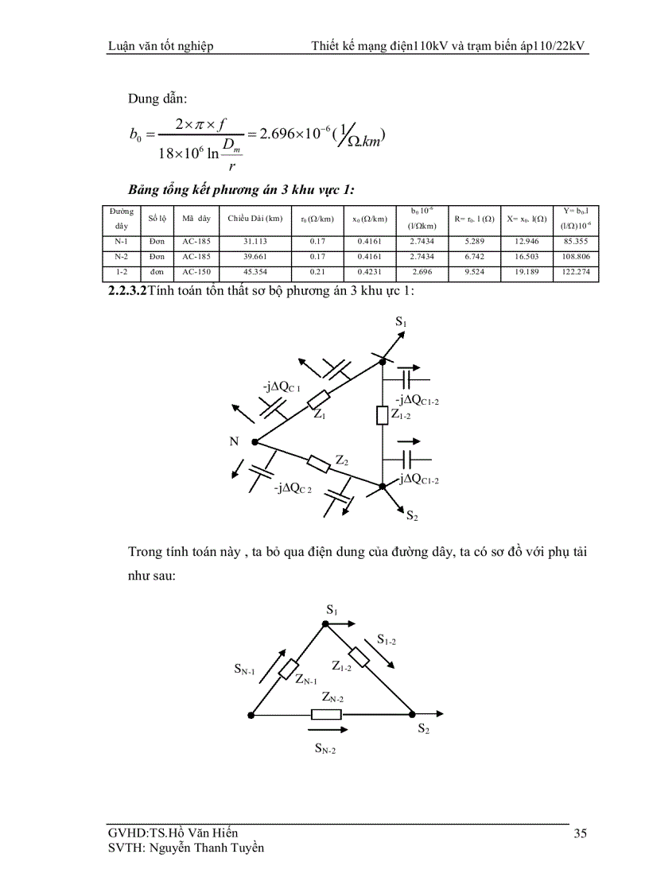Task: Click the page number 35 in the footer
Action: coord(580,833)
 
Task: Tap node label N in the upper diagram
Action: coord(235,441)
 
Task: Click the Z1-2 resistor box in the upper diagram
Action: coord(382,414)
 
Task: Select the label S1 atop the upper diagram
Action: coord(401,323)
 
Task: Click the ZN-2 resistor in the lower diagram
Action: coord(326,713)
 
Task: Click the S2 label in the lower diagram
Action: coord(424,728)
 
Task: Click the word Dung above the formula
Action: coord(143,99)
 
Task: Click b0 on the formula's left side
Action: coord(134,136)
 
